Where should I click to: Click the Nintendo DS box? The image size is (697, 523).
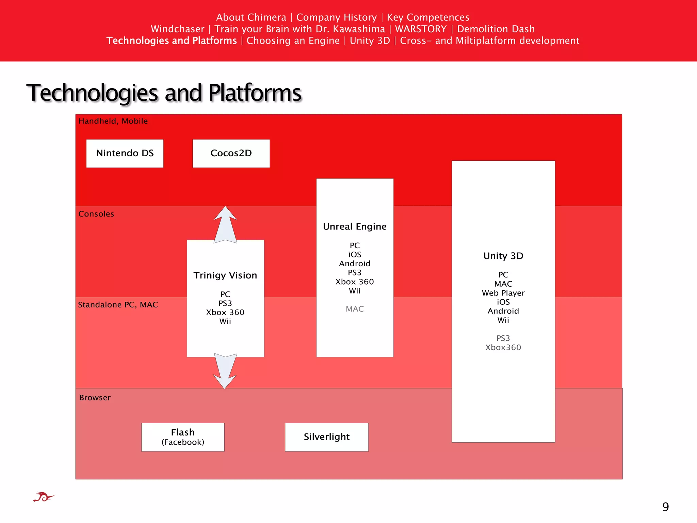[x=125, y=153]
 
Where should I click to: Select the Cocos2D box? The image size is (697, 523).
[x=231, y=153]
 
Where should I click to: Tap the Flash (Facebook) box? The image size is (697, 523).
[x=183, y=437]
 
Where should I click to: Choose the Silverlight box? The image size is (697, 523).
[x=327, y=437]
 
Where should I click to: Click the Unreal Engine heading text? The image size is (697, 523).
[x=355, y=226]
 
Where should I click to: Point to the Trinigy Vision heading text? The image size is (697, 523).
[x=225, y=275]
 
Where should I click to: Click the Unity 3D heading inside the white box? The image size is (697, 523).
[x=503, y=256]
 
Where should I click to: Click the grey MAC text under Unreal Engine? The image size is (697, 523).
[x=355, y=309]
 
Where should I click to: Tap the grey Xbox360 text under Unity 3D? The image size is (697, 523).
[x=503, y=347]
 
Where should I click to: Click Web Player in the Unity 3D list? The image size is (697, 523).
[x=503, y=293]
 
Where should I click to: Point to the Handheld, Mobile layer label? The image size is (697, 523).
[x=113, y=121]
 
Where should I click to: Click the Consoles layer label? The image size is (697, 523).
[x=96, y=214]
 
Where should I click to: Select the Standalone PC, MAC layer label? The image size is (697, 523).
[x=118, y=304]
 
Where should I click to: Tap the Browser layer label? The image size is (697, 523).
[x=95, y=397]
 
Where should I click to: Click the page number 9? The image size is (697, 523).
[x=665, y=507]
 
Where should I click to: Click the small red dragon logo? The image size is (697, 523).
[x=43, y=497]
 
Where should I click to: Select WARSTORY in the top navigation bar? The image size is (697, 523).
[x=421, y=29]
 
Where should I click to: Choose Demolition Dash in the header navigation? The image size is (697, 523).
[x=496, y=29]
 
